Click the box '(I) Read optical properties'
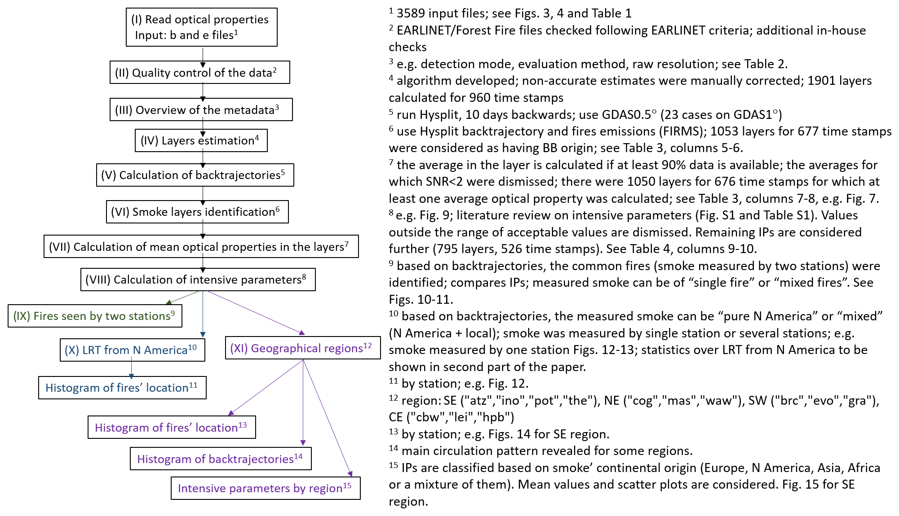[201, 27]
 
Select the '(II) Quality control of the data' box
[199, 73]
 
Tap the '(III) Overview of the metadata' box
[201, 110]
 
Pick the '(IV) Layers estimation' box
[201, 141]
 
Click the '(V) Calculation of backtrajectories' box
[195, 175]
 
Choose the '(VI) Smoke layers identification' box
[197, 212]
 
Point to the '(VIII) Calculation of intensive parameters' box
[198, 280]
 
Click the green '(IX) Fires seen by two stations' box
[94, 316]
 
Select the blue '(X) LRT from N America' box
[132, 350]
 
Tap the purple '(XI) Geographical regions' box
[302, 348]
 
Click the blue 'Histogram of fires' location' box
[122, 388]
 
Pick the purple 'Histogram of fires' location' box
[172, 427]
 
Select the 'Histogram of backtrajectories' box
[221, 459]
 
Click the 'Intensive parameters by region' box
[266, 488]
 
